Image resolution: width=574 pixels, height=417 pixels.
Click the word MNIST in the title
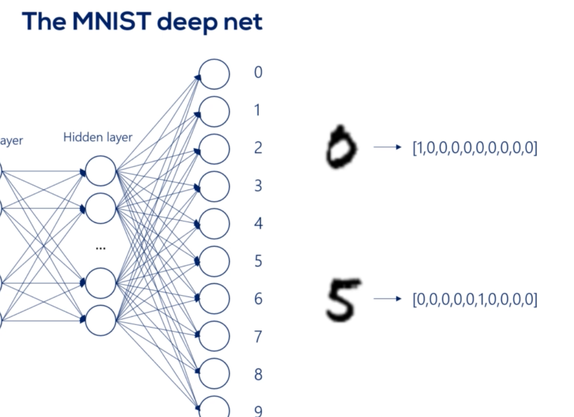(x=106, y=22)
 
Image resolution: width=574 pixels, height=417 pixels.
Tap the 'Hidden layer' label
(x=98, y=138)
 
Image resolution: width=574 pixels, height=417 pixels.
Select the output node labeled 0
(x=214, y=74)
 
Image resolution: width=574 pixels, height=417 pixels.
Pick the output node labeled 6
(x=214, y=299)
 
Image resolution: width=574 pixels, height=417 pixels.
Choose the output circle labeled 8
(x=214, y=374)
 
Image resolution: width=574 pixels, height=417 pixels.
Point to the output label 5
(x=258, y=261)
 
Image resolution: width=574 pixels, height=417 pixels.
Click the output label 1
(x=257, y=110)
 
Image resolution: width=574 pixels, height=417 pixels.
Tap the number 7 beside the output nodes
(x=258, y=337)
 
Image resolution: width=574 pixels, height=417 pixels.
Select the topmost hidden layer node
(x=100, y=171)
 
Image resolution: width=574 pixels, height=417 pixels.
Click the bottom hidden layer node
(x=100, y=320)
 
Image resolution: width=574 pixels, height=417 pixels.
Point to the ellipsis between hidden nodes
(x=100, y=248)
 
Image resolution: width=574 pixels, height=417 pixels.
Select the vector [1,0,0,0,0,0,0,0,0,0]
(x=475, y=149)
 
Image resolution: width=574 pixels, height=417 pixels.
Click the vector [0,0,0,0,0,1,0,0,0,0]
(x=475, y=300)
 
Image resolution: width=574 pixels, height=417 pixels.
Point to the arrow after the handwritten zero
(x=387, y=147)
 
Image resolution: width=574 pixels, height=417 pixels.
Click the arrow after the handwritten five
(x=387, y=299)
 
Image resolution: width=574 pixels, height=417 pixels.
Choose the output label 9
(x=258, y=411)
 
